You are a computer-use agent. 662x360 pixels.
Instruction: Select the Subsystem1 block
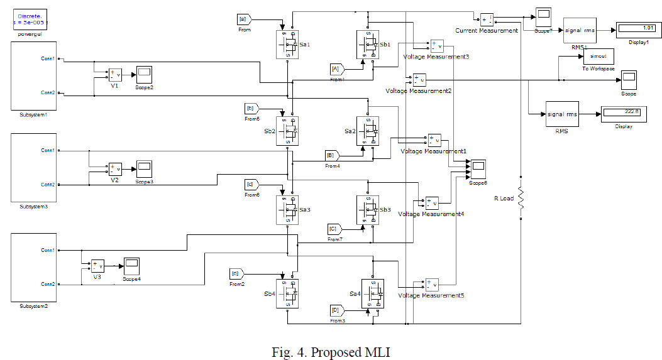point(35,76)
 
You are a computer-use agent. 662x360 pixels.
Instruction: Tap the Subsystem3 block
point(35,168)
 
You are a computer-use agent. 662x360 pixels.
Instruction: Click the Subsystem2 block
point(35,268)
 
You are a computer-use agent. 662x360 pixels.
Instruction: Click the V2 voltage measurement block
point(115,169)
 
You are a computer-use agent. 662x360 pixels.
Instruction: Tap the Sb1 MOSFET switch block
point(368,45)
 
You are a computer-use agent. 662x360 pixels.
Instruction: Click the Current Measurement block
point(488,19)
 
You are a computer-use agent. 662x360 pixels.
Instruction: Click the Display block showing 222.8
point(620,112)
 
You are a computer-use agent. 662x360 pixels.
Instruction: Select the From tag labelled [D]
point(336,310)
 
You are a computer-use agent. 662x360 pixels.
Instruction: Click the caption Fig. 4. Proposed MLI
point(331,352)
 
